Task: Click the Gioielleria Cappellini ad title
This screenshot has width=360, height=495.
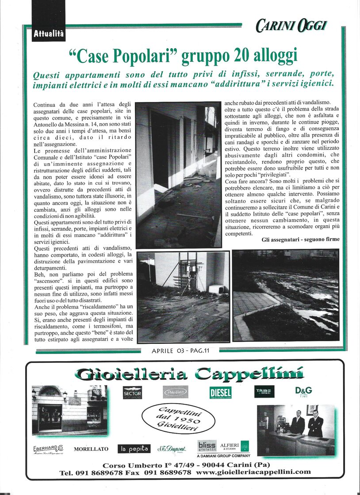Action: click(x=189, y=374)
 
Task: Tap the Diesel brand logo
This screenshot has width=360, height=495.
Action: click(x=220, y=392)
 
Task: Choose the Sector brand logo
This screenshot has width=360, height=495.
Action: click(x=132, y=392)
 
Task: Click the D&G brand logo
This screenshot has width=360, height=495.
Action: click(x=303, y=392)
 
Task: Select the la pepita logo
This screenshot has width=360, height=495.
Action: click(x=134, y=449)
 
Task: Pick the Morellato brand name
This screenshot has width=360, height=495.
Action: click(x=91, y=449)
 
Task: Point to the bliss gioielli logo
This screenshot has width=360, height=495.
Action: click(x=207, y=446)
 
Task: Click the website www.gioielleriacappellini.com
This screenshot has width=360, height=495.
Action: click(x=253, y=472)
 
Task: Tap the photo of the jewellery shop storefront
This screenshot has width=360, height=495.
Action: click(x=69, y=409)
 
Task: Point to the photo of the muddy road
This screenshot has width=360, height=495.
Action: click(x=285, y=295)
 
